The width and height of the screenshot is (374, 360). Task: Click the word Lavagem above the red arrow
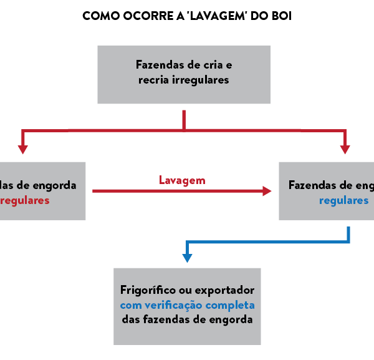point(182,181)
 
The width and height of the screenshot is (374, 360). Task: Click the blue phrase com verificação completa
point(187,305)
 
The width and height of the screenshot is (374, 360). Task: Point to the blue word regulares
point(343,201)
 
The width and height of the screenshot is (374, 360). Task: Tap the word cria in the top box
point(214,65)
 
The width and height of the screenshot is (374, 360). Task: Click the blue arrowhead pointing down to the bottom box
point(186,257)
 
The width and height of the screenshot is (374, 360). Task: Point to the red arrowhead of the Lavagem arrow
point(267,191)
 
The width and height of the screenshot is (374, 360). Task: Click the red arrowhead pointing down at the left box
point(23,149)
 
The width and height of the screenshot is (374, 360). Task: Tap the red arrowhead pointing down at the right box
point(345,149)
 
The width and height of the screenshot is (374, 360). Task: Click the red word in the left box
point(25,201)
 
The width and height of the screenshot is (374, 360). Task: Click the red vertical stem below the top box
point(184,119)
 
